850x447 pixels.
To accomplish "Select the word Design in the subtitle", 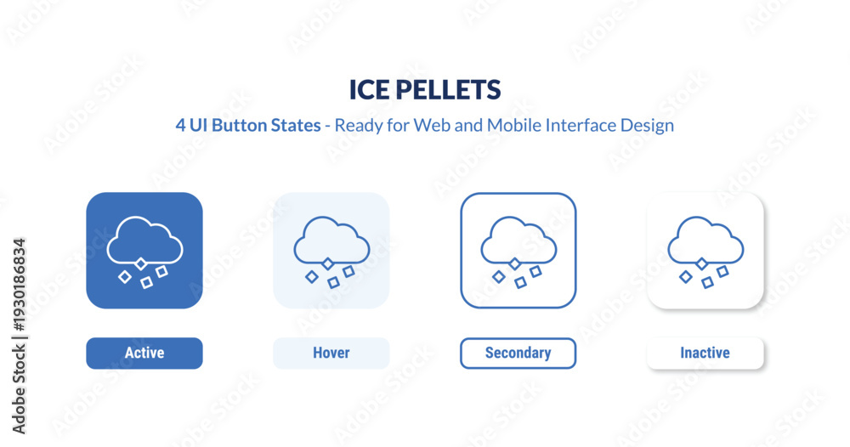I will pyautogui.click(x=646, y=125).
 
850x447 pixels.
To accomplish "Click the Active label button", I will pyautogui.click(x=144, y=353).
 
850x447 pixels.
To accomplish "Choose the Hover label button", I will pyautogui.click(x=331, y=353).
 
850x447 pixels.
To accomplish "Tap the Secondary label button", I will pyautogui.click(x=518, y=353).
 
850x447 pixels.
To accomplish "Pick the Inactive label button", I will pyautogui.click(x=705, y=353).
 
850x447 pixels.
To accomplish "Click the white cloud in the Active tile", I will pyautogui.click(x=144, y=240).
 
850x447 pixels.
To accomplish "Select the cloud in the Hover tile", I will pyautogui.click(x=331, y=240).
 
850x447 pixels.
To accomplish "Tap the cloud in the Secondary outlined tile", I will pyautogui.click(x=518, y=240).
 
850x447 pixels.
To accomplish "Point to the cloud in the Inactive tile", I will pyautogui.click(x=705, y=240).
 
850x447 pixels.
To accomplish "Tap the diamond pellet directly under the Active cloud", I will pyautogui.click(x=141, y=264).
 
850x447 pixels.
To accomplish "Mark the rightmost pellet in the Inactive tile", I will pyautogui.click(x=722, y=271).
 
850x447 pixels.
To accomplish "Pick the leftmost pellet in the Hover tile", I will pyautogui.click(x=312, y=277).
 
